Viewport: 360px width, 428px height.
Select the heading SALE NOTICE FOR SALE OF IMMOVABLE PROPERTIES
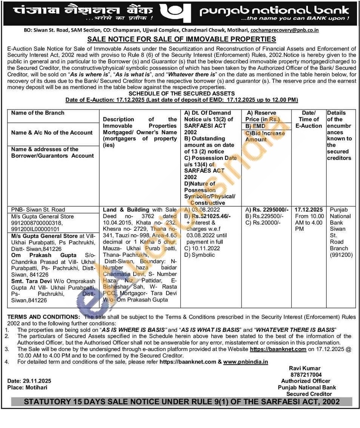(x=182, y=39)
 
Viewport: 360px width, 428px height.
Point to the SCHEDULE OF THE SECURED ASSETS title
(x=182, y=94)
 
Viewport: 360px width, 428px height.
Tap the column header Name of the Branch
(x=38, y=113)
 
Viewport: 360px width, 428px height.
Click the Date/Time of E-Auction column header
(x=308, y=119)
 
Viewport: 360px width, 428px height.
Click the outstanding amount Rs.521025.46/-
(x=211, y=216)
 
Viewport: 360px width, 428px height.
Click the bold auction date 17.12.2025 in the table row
(x=309, y=210)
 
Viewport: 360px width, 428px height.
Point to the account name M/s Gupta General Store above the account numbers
(x=43, y=216)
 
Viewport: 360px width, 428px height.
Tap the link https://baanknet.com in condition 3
(x=278, y=349)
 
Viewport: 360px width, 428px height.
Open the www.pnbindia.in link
(x=245, y=362)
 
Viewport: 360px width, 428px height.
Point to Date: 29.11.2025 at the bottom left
(x=29, y=381)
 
